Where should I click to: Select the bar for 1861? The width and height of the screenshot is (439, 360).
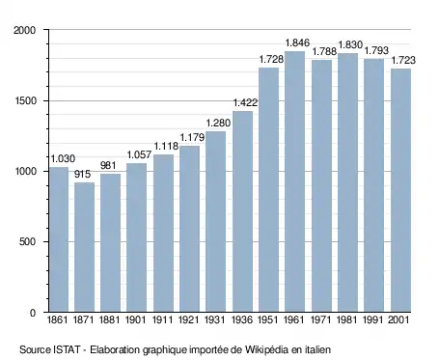click(59, 239)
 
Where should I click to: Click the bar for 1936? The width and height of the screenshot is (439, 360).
click(242, 211)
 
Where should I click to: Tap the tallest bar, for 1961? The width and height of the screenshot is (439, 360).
click(294, 181)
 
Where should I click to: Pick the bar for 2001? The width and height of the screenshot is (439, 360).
click(400, 190)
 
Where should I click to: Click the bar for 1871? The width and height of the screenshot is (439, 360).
click(84, 247)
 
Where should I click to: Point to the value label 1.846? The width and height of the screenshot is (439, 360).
click(297, 42)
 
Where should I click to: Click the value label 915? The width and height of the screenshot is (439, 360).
click(83, 174)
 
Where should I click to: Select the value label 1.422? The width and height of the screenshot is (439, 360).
click(245, 102)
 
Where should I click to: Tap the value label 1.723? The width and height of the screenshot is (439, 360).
click(403, 60)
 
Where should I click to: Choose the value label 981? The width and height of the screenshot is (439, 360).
click(108, 165)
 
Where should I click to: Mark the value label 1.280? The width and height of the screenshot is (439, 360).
click(218, 123)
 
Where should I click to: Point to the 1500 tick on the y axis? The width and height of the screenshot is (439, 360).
click(25, 100)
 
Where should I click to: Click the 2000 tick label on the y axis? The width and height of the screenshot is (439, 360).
click(24, 30)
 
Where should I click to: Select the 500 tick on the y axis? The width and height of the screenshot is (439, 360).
click(27, 241)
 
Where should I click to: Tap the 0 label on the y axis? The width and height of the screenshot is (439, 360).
click(33, 313)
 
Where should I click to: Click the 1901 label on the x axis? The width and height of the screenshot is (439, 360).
click(135, 319)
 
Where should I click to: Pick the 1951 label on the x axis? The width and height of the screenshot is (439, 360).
click(268, 319)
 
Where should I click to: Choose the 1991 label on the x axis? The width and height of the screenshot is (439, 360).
click(372, 319)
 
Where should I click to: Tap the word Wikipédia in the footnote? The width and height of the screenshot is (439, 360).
click(266, 349)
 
